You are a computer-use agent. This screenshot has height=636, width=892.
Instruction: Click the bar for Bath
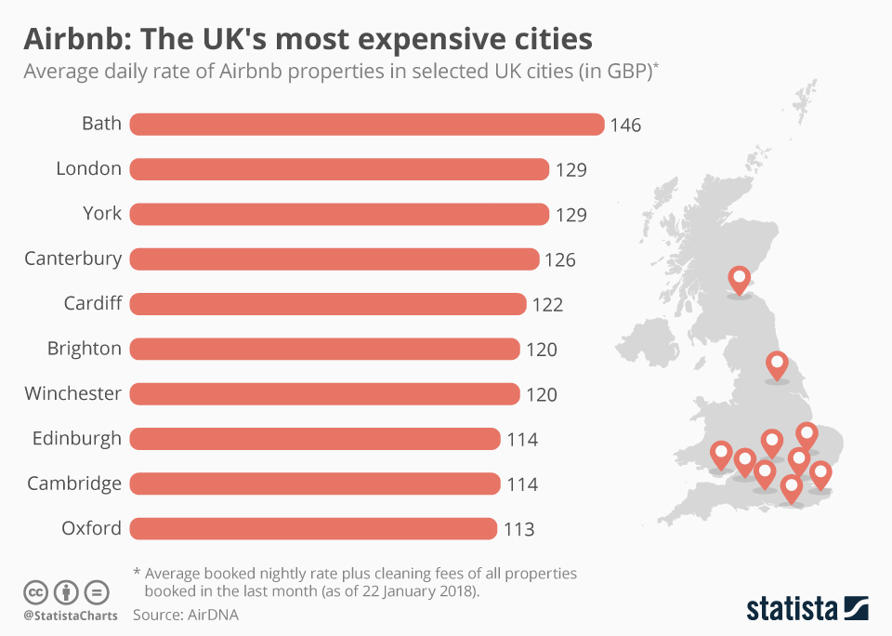click(367, 124)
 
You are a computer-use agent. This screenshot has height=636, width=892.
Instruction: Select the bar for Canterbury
click(334, 258)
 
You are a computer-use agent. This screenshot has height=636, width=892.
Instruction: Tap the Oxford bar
click(313, 529)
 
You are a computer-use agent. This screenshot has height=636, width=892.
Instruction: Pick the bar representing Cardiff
click(328, 304)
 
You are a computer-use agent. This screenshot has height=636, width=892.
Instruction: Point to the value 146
click(625, 125)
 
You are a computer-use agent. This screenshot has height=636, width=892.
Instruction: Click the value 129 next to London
click(571, 169)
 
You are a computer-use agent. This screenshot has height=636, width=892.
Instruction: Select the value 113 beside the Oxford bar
click(519, 530)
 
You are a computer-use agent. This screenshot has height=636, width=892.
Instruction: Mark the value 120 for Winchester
click(542, 394)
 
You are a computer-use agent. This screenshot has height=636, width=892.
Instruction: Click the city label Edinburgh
click(76, 438)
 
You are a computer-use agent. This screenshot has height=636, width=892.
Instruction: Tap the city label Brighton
click(85, 349)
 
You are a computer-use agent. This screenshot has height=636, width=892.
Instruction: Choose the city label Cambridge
click(74, 484)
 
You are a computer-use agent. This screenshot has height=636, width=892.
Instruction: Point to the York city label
click(102, 213)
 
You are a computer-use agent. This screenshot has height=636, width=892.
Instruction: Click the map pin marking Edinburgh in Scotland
click(740, 278)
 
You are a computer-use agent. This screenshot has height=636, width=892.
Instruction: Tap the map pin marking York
click(777, 364)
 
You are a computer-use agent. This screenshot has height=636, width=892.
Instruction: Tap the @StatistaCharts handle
click(71, 616)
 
